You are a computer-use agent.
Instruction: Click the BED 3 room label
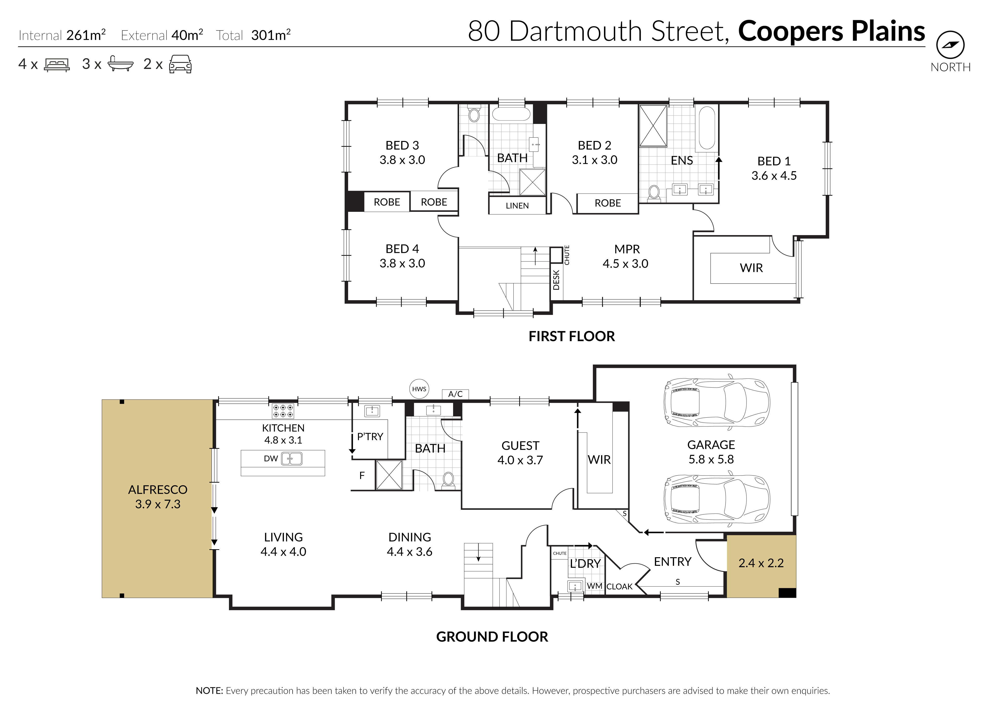402,152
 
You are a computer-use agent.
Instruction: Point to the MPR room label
626,256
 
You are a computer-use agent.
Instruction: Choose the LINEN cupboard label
517,206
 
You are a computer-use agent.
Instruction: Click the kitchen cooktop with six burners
283,411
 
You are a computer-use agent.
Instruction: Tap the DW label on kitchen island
271,458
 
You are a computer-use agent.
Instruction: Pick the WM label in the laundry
595,586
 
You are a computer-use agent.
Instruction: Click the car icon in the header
180,64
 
